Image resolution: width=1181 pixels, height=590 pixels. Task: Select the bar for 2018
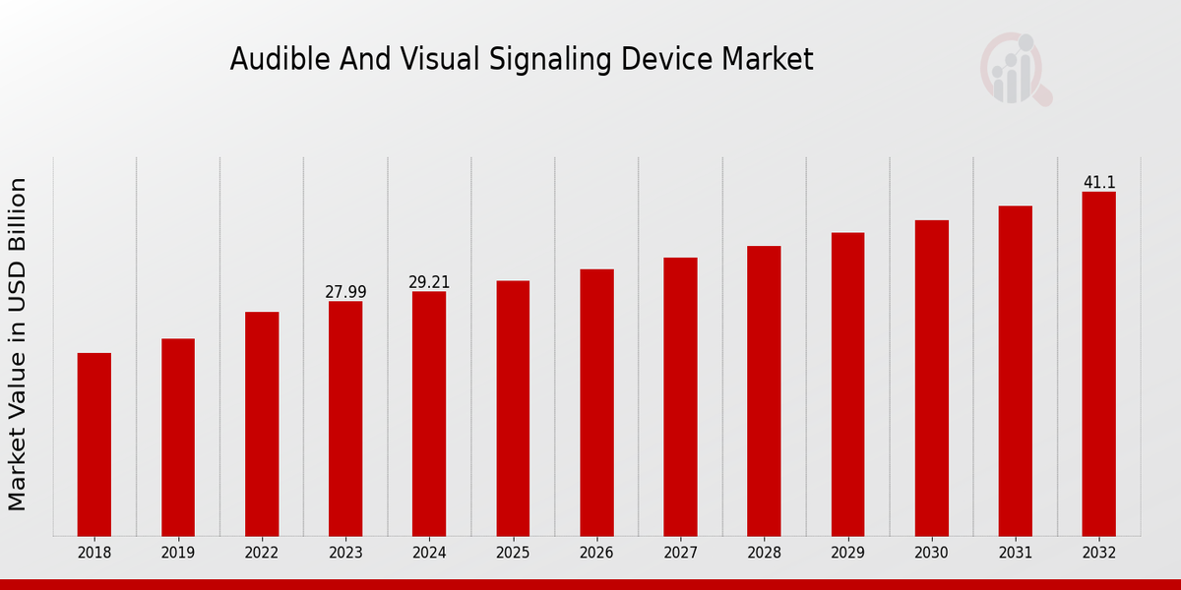94,444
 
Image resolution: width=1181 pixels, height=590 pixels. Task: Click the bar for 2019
178,438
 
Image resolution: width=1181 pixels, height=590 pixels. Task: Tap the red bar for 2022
262,424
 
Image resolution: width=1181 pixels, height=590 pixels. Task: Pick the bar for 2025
513,408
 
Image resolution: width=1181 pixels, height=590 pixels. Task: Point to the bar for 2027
680,396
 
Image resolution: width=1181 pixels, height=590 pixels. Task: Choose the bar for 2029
847,384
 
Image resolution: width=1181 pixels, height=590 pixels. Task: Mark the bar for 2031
1015,371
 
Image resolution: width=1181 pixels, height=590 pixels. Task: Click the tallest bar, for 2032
1098,364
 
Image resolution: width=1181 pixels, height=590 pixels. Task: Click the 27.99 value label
345,292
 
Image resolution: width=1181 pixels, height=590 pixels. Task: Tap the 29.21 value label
429,282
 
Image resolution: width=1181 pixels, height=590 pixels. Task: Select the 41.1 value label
1099,183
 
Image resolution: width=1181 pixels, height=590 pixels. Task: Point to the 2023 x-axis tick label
345,554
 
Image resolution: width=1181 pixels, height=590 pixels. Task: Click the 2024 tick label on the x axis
429,554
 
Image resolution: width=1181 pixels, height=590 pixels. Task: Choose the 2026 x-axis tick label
596,554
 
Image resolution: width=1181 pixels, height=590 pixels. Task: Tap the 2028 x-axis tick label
764,554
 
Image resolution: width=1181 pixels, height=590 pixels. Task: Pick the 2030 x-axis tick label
931,554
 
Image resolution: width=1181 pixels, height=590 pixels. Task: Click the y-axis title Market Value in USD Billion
18,344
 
